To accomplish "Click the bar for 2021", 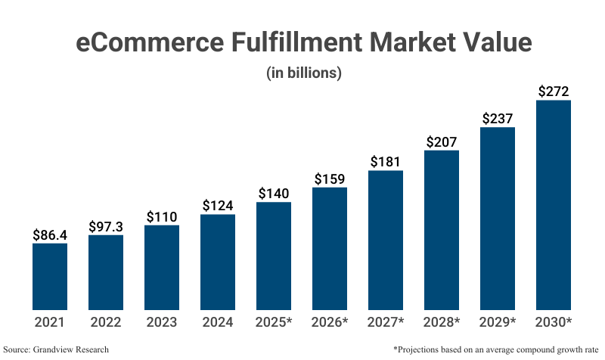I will (50, 276).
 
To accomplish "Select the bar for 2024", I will (218, 262).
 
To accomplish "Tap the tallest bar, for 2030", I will (554, 204).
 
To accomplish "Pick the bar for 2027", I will (386, 240).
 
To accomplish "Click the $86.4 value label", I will (50, 234).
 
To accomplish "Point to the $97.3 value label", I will (106, 226).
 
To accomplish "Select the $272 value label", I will (554, 92).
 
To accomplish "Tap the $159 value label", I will (330, 179).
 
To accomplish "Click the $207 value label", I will (442, 141).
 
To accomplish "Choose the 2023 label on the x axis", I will (162, 322).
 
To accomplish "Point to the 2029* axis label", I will (498, 322).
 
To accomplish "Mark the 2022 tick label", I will (106, 322).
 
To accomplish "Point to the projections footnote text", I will (495, 349).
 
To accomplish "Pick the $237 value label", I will (498, 118).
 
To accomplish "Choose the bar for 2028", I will (442, 230).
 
